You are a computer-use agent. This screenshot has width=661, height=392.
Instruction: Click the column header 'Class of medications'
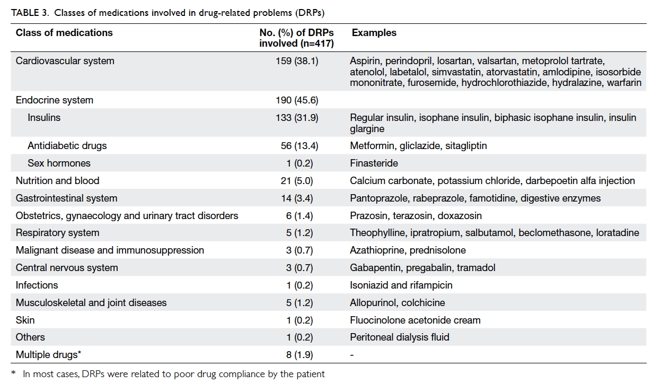pos(64,32)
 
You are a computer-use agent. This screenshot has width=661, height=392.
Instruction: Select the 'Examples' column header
pos(374,32)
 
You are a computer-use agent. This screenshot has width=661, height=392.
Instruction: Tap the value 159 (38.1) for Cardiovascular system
pos(297,61)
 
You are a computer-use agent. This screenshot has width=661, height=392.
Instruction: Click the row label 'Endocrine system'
pos(54,100)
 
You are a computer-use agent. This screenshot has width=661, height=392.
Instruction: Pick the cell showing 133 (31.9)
pos(297,118)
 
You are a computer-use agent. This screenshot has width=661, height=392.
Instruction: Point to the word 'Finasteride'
pos(374,163)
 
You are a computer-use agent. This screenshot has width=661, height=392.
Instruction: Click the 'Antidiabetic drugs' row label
pos(67,146)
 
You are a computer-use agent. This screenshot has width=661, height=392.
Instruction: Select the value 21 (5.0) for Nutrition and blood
pos(297,180)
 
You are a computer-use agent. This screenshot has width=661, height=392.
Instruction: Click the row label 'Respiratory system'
pos(57,233)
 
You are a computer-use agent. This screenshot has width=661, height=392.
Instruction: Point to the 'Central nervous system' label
pos(67,268)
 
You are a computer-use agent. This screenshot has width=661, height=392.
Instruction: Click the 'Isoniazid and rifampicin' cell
pos(401,285)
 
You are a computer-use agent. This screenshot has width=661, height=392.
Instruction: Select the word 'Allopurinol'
pos(373,302)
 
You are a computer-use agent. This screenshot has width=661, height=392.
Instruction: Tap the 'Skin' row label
pos(25,320)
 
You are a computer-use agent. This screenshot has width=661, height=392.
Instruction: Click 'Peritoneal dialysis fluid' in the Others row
pos(400,337)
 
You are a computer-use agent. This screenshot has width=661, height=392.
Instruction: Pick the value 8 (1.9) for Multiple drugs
pos(299,354)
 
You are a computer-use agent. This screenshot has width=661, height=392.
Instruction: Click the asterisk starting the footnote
pos(13,372)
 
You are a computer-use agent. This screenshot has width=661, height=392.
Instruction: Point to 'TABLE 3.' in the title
pos(30,13)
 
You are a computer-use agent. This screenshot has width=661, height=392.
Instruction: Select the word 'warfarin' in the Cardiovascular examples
pos(624,83)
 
